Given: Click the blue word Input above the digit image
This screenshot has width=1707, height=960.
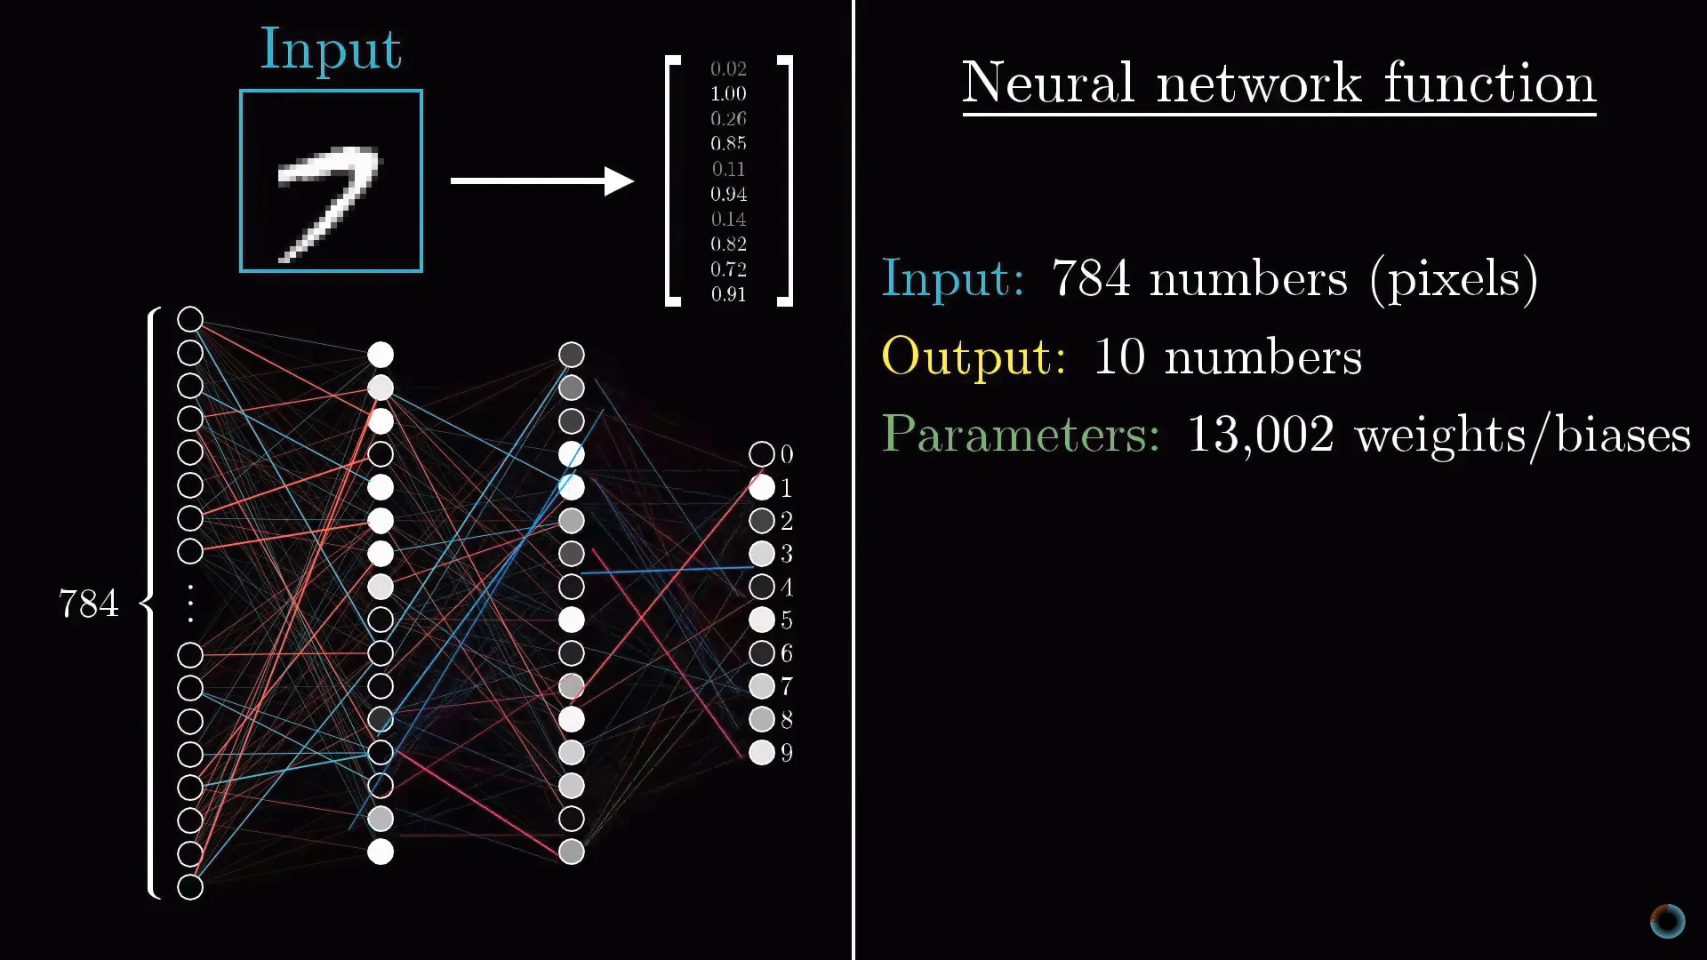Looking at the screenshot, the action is pyautogui.click(x=331, y=50).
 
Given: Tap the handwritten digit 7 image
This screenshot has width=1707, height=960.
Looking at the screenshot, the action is pyautogui.click(x=331, y=180).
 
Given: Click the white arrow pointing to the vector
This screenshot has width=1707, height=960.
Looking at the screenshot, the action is pyautogui.click(x=542, y=180).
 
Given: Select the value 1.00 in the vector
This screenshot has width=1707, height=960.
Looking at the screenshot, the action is pyautogui.click(x=728, y=93).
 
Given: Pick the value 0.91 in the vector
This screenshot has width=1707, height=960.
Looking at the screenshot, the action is pyautogui.click(x=728, y=294).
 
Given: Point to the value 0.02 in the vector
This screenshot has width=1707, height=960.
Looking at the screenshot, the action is pyautogui.click(x=728, y=68).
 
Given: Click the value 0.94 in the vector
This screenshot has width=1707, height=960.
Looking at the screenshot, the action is pyautogui.click(x=728, y=194).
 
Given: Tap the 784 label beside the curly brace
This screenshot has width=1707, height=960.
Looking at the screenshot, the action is pyautogui.click(x=88, y=604).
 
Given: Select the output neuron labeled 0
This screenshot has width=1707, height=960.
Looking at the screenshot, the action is pyautogui.click(x=761, y=454).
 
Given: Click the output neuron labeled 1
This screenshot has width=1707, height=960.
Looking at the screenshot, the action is pyautogui.click(x=761, y=487).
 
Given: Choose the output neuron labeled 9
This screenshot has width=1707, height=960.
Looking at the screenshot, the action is pyautogui.click(x=761, y=753).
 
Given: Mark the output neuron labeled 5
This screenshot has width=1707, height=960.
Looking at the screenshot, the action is pyautogui.click(x=761, y=620).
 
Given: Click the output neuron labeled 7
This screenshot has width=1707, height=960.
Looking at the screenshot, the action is pyautogui.click(x=761, y=686).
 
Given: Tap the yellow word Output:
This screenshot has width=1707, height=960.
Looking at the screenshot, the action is pyautogui.click(x=974, y=356).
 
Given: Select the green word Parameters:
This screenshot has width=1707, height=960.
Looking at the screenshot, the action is pyautogui.click(x=1021, y=434).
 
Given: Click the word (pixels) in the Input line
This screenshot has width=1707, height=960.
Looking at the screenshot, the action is pyautogui.click(x=1454, y=279).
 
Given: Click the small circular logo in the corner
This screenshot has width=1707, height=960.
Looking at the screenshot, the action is pyautogui.click(x=1667, y=921).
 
